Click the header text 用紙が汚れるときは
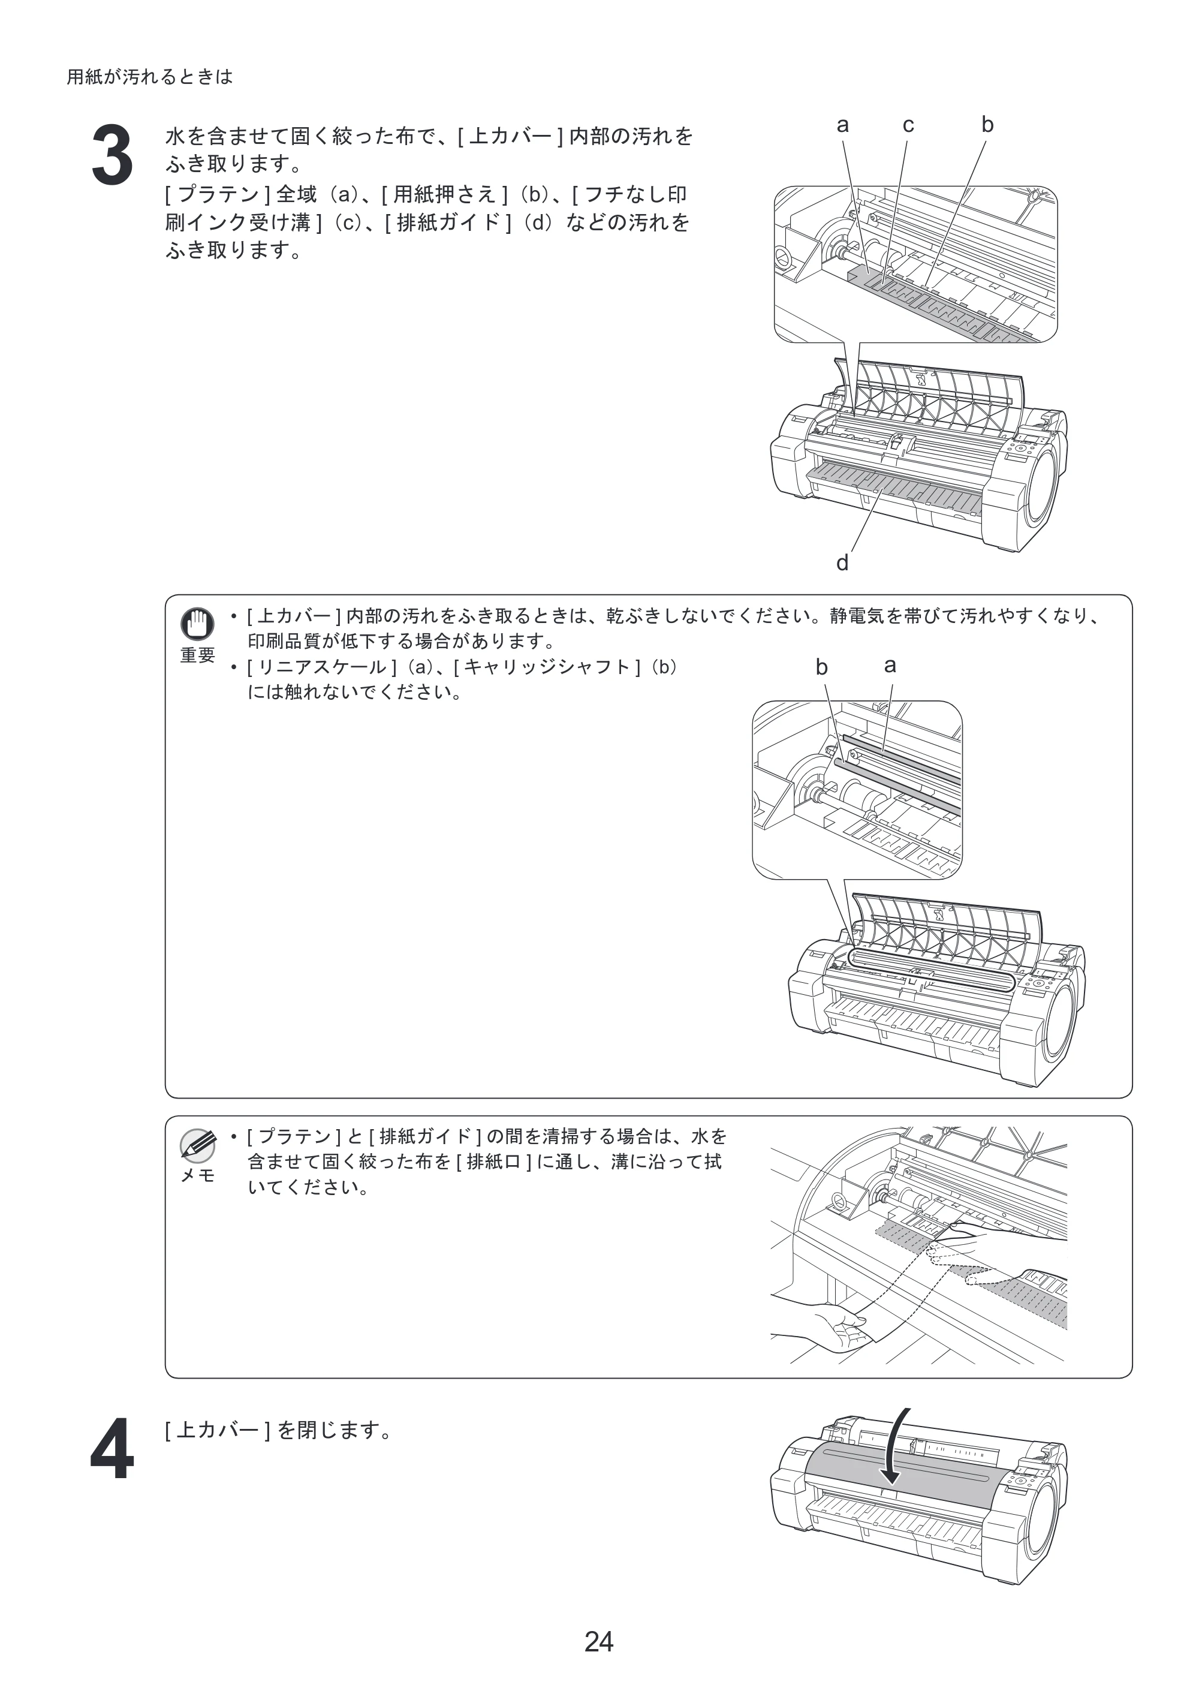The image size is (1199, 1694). tap(150, 77)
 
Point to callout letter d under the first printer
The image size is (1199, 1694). tap(842, 564)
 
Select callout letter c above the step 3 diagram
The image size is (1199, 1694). tap(908, 125)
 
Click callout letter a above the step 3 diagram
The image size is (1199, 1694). tap(842, 125)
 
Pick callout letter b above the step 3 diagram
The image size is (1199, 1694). tap(987, 124)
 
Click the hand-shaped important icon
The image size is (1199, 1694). tap(197, 624)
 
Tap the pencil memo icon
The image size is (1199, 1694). tap(197, 1146)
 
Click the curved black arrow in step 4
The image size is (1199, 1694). tap(895, 1448)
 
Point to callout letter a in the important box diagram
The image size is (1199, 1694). tap(890, 666)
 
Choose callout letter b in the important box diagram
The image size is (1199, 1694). tap(822, 667)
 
